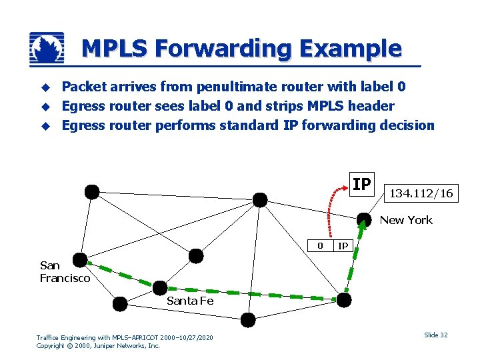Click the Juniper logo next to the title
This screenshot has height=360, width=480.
(x=47, y=48)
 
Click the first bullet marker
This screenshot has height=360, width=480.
(x=46, y=87)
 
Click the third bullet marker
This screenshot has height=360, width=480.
(x=46, y=126)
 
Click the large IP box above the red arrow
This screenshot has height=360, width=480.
(x=361, y=184)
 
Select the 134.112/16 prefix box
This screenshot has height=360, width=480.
(x=421, y=193)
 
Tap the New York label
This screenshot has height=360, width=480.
(x=406, y=220)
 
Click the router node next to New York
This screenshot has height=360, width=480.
(x=363, y=219)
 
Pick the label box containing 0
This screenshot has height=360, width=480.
(x=321, y=245)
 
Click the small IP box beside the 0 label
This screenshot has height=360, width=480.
(x=343, y=245)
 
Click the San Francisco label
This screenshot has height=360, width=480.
(x=65, y=272)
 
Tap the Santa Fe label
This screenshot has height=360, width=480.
(x=190, y=301)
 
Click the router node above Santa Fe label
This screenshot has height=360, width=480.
(x=160, y=288)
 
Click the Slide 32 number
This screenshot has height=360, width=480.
(x=436, y=335)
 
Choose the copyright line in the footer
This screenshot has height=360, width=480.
(x=98, y=346)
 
